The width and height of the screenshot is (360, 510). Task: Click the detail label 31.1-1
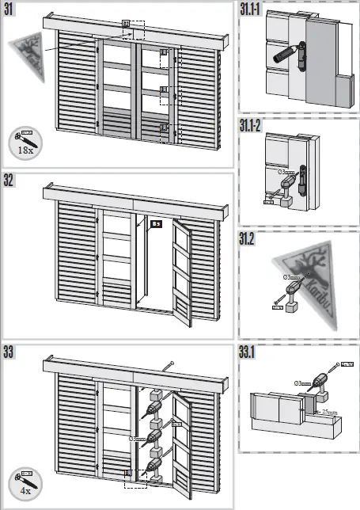[253, 10]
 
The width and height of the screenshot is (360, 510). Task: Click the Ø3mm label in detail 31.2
[292, 277]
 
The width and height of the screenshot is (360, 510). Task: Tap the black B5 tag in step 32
[156, 224]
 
